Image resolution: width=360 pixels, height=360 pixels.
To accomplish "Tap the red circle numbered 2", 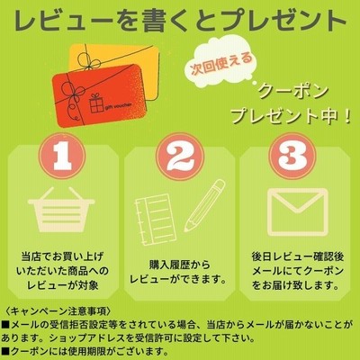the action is [181, 157].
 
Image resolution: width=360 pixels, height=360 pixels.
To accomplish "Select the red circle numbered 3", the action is [296, 157].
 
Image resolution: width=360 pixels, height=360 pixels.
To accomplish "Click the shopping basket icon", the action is [61, 210].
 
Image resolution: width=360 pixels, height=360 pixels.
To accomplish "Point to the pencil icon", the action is [205, 205].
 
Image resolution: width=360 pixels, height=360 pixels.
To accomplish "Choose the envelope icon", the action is [296, 211].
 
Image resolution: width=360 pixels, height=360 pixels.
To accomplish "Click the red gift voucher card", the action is [99, 95].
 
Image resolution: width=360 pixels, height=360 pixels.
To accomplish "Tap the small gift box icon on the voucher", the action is [96, 103].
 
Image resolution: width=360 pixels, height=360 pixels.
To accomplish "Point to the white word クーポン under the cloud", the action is [292, 93].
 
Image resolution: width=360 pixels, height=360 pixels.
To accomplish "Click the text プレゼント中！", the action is [291, 116].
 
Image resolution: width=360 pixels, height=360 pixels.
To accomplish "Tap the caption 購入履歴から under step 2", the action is [180, 265].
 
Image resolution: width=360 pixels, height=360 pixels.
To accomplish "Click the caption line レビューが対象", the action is [63, 284].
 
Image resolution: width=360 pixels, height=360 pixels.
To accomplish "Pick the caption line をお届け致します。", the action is [295, 284].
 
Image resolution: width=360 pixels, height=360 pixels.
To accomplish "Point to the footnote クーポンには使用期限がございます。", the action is [84, 350].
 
